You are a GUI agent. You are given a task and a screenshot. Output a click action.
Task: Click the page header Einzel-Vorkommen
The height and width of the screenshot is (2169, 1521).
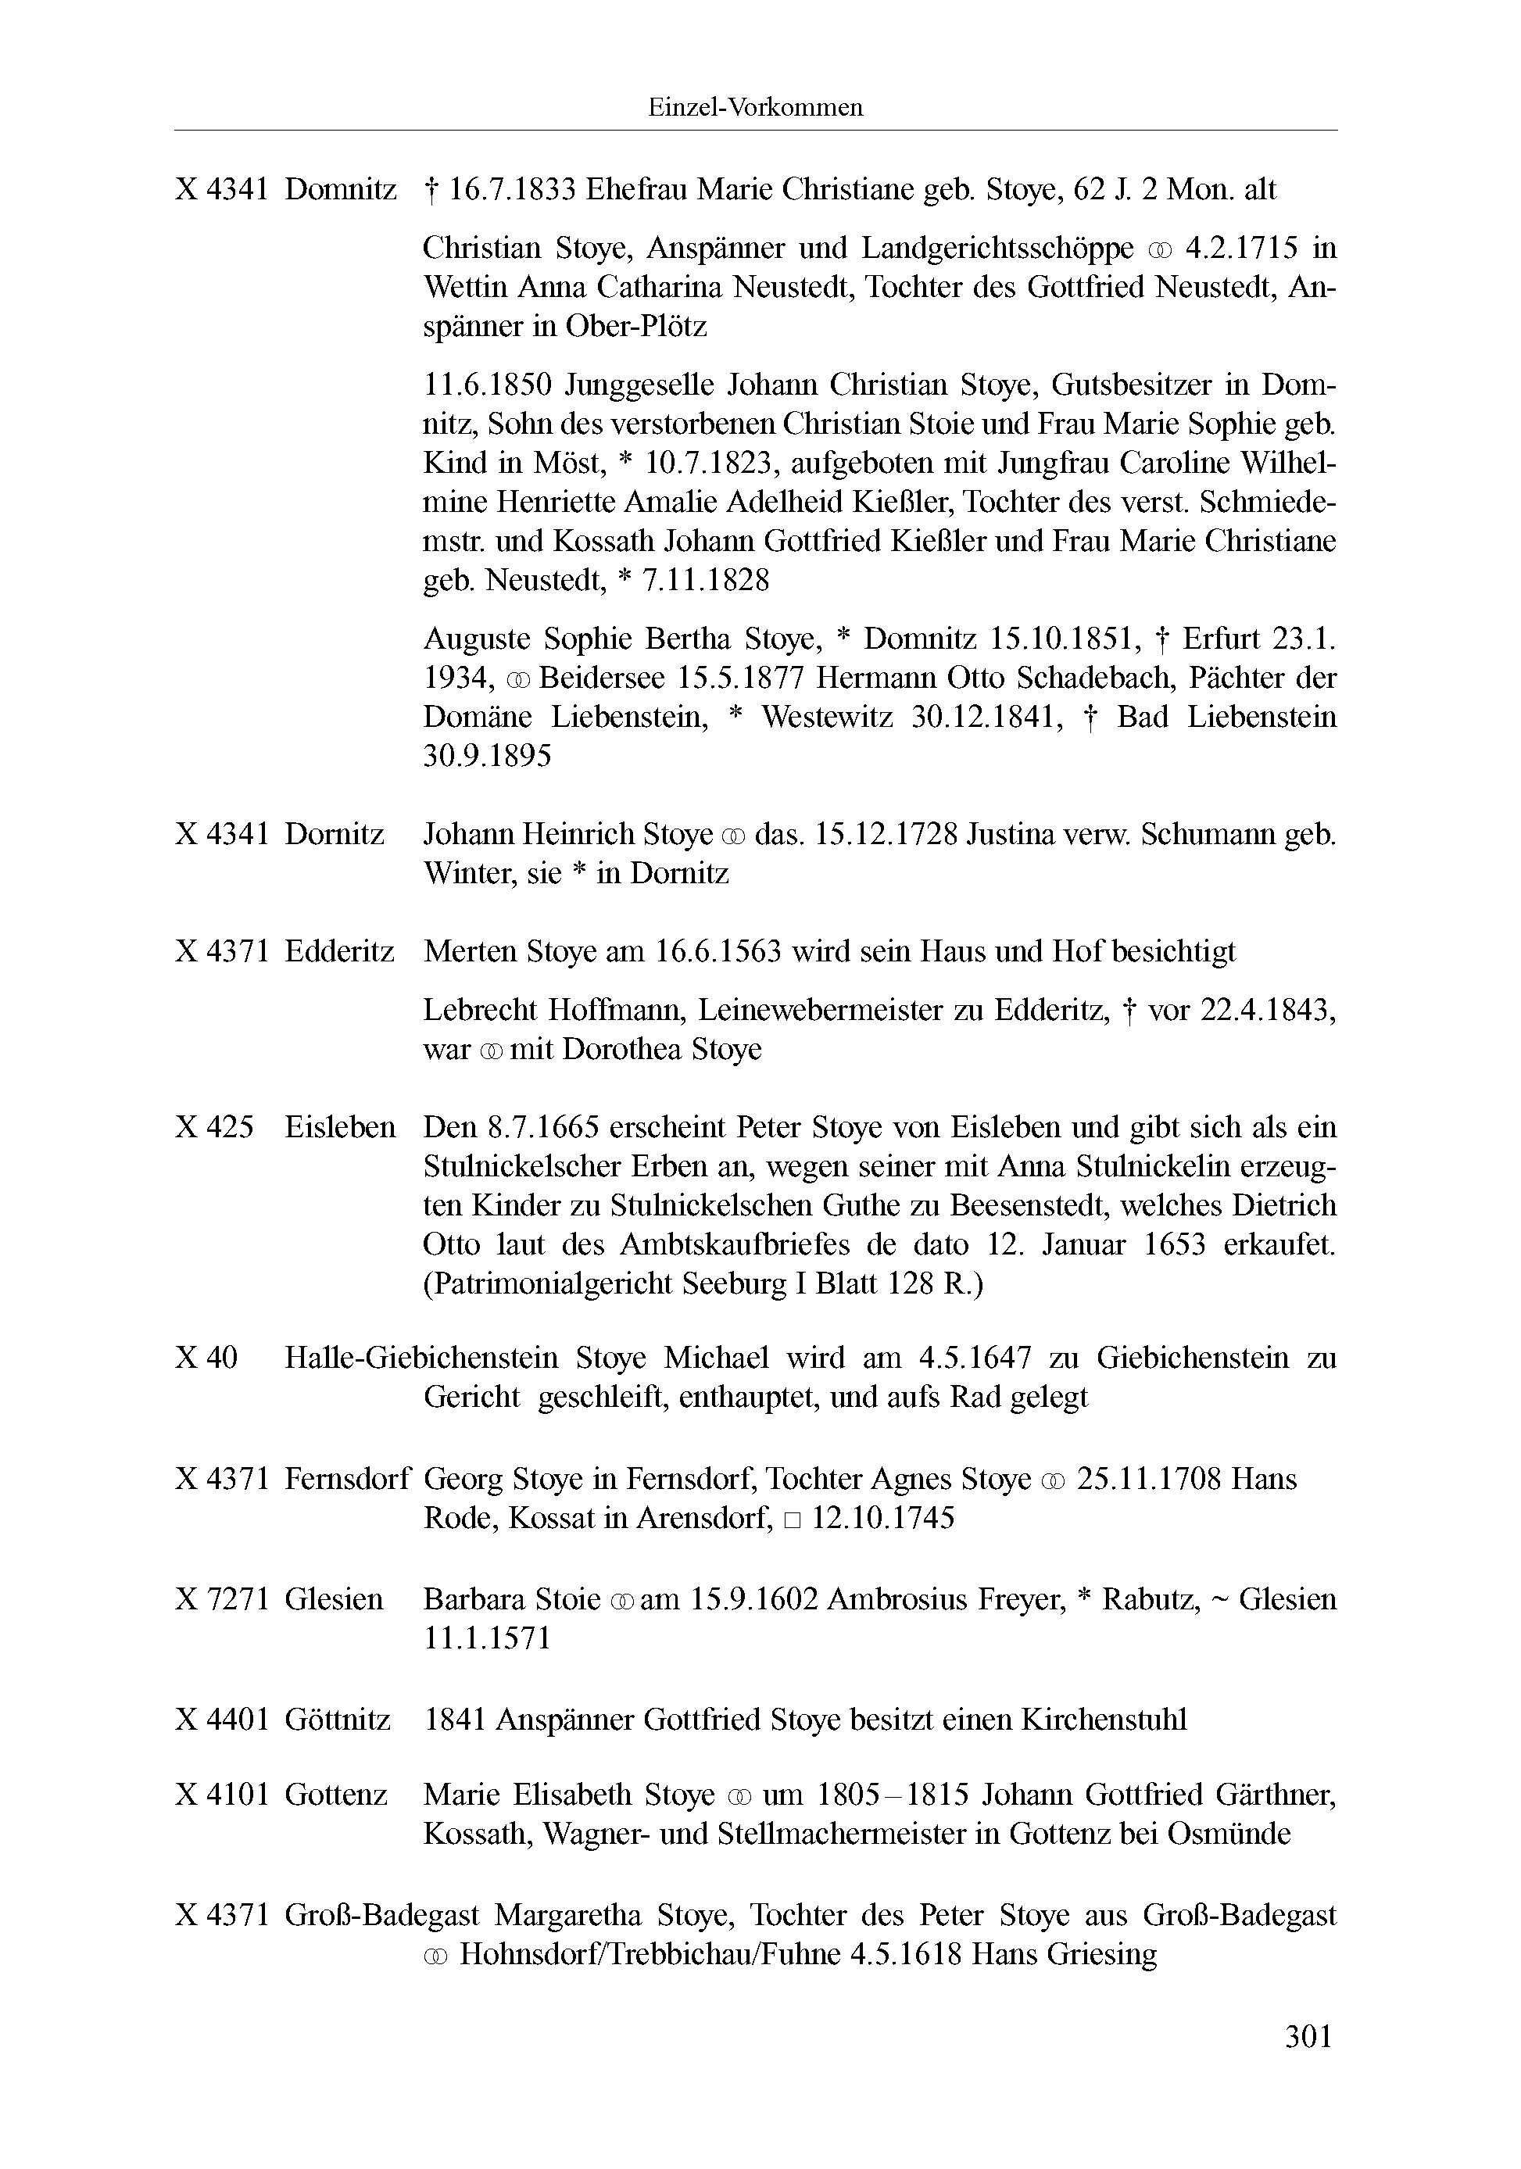tap(755, 108)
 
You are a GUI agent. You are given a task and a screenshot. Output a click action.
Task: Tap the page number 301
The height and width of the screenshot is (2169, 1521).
tap(1308, 2036)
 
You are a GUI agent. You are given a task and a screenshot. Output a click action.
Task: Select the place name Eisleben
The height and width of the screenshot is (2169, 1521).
tap(339, 1127)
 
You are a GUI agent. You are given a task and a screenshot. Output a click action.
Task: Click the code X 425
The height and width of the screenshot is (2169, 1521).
tap(214, 1127)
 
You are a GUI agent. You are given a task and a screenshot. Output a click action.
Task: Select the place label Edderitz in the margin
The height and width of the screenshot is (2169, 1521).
tap(339, 950)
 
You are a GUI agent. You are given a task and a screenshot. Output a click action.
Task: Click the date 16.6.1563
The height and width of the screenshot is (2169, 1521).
tap(718, 950)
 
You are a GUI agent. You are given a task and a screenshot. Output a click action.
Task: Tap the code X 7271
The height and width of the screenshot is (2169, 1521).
tap(222, 1598)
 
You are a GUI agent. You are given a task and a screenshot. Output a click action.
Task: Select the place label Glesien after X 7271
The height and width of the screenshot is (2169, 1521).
tap(334, 1598)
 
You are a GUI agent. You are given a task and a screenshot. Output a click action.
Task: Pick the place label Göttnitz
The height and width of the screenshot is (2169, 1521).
tap(338, 1720)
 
